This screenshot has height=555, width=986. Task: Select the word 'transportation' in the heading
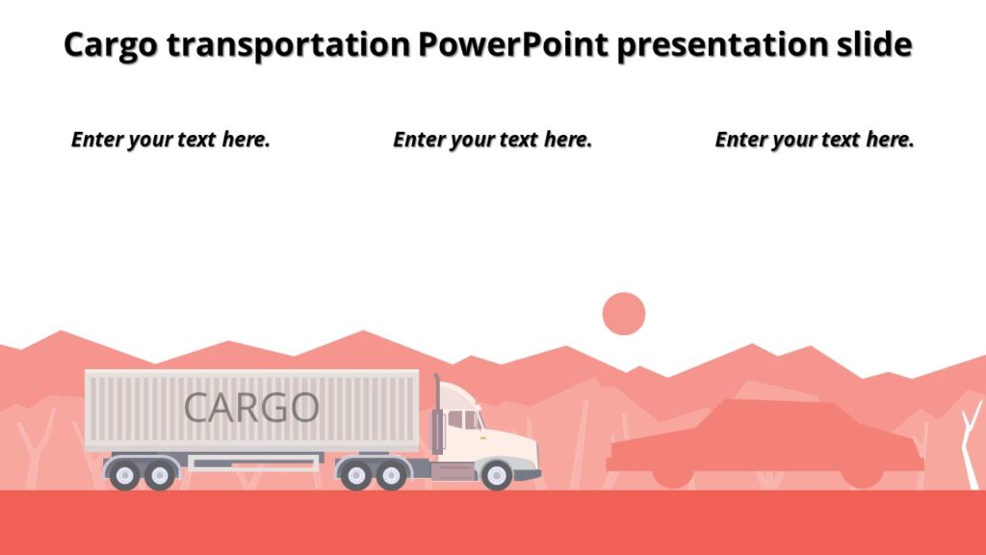[289, 44]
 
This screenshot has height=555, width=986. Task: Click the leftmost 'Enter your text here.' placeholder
[170, 140]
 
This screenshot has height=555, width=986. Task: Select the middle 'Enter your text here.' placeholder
[492, 140]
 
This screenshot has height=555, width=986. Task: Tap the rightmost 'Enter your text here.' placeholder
[814, 140]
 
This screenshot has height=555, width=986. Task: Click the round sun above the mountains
[623, 314]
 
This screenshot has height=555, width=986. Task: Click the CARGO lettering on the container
[251, 408]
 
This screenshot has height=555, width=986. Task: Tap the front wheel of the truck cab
[497, 475]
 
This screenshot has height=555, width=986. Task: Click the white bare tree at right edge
[972, 443]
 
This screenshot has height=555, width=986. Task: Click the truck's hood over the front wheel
[510, 445]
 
